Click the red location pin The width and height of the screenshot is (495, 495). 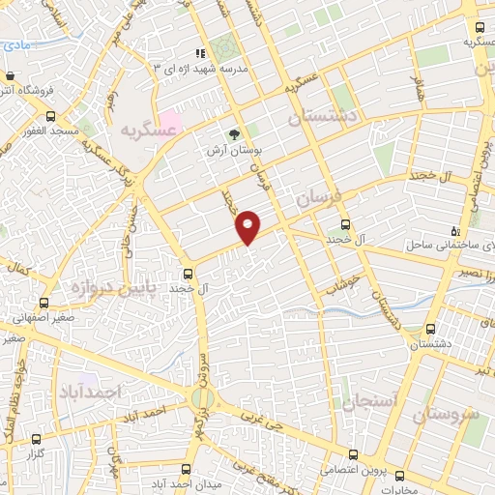pyautogui.click(x=248, y=226)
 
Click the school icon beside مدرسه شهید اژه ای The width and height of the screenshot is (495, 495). pyautogui.click(x=200, y=53)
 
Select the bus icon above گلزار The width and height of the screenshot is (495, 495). pyautogui.click(x=37, y=438)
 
